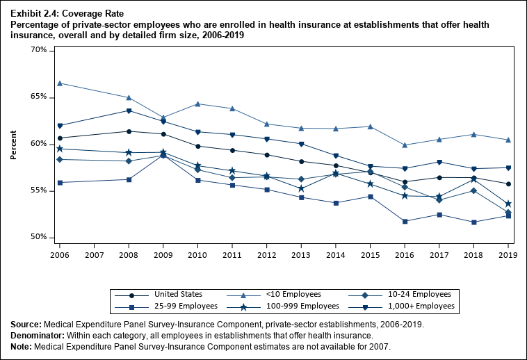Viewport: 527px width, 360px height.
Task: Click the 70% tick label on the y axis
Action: tap(38, 51)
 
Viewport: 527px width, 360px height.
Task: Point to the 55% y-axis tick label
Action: tap(38, 190)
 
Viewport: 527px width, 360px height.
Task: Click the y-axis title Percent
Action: tap(14, 144)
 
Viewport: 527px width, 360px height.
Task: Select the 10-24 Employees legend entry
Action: tap(410, 295)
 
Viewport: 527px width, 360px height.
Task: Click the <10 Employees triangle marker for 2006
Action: tap(60, 83)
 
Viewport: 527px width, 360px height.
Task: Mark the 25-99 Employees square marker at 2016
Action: tap(405, 221)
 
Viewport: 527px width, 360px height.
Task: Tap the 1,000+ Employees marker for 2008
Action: tap(129, 111)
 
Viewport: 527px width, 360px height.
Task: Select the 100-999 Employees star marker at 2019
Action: tap(508, 204)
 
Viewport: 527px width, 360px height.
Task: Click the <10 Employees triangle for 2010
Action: tap(197, 104)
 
